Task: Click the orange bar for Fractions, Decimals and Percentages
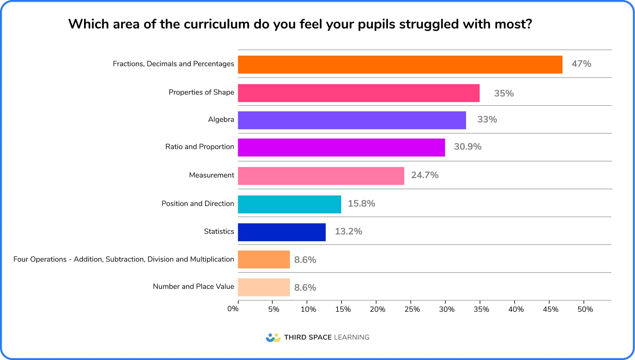pyautogui.click(x=400, y=64)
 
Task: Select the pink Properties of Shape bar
pyautogui.click(x=359, y=93)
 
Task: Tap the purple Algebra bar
pyautogui.click(x=351, y=120)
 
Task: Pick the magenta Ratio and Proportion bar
pyautogui.click(x=341, y=147)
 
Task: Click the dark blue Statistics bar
pyautogui.click(x=281, y=232)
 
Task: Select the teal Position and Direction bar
pyautogui.click(x=289, y=204)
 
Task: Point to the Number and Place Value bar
pyautogui.click(x=264, y=287)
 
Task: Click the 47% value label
pyautogui.click(x=581, y=64)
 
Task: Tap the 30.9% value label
pyautogui.click(x=467, y=147)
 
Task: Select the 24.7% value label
pyautogui.click(x=424, y=175)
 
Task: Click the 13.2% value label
pyautogui.click(x=348, y=232)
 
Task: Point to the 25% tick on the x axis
pyautogui.click(x=412, y=309)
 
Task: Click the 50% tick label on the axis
pyautogui.click(x=585, y=309)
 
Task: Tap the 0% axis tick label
pyautogui.click(x=233, y=309)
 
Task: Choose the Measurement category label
pyautogui.click(x=211, y=175)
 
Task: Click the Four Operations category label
pyautogui.click(x=123, y=259)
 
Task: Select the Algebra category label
pyautogui.click(x=221, y=120)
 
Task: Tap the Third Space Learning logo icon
pyautogui.click(x=273, y=338)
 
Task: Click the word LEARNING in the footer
pyautogui.click(x=351, y=337)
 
